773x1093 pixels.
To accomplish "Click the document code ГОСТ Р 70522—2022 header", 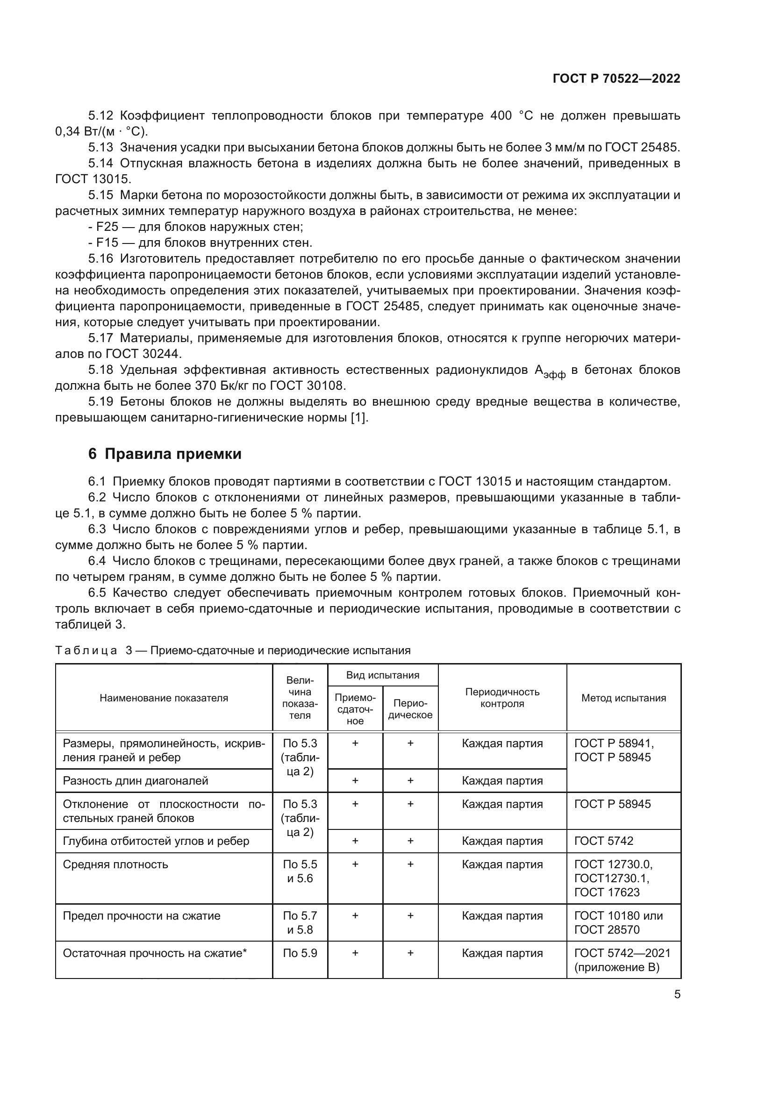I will coord(616,79).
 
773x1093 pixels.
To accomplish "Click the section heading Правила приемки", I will coord(173,454).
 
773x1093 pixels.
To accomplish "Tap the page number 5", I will coord(677,994).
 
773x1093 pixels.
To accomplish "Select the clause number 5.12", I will coord(100,116).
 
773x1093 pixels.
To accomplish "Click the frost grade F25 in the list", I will coord(107,227).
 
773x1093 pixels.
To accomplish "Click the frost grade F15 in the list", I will coord(107,243).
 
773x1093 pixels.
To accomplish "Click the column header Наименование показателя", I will coord(164,698).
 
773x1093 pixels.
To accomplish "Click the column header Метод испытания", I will coord(623,698).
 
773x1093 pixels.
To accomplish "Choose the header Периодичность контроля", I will coord(502,698).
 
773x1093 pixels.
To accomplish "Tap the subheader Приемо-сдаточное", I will coord(355,709).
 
